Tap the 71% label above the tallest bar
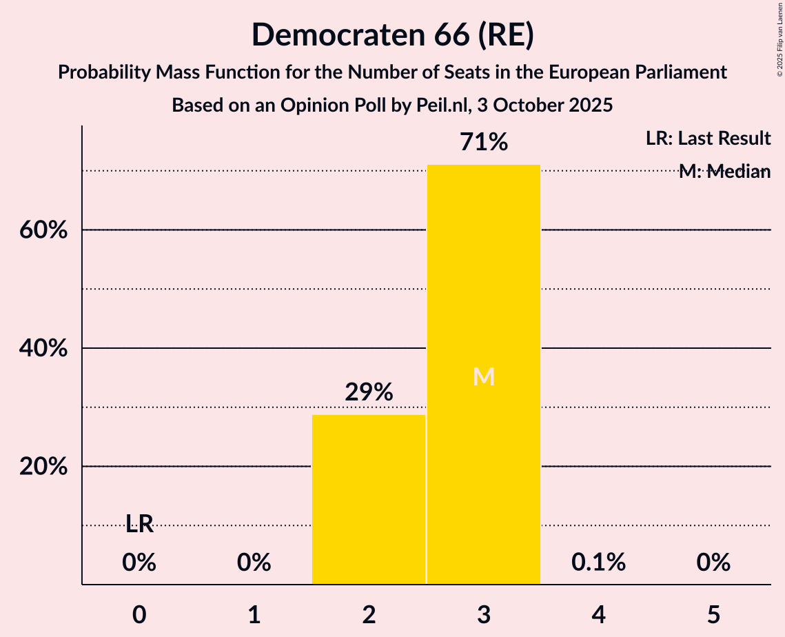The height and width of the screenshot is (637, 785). tap(484, 143)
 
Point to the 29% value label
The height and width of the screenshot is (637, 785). tap(369, 392)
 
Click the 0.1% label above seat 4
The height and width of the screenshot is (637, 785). tap(598, 563)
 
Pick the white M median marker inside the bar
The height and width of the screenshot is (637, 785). tap(484, 376)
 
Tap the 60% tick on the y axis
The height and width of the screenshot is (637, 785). tap(43, 230)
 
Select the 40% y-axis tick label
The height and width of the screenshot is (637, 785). tap(43, 349)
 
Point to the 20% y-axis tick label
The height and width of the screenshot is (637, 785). tap(43, 467)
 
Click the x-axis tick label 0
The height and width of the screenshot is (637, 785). tap(139, 614)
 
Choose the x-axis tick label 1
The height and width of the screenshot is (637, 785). tap(254, 614)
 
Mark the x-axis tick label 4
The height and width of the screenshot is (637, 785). tap(598, 614)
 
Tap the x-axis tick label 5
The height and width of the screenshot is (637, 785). tap(713, 614)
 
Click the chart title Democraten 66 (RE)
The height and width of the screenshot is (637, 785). tap(392, 34)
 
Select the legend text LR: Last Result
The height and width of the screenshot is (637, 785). tap(708, 139)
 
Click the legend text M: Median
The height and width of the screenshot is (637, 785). tap(724, 172)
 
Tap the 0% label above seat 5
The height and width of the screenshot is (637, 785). tap(713, 563)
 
